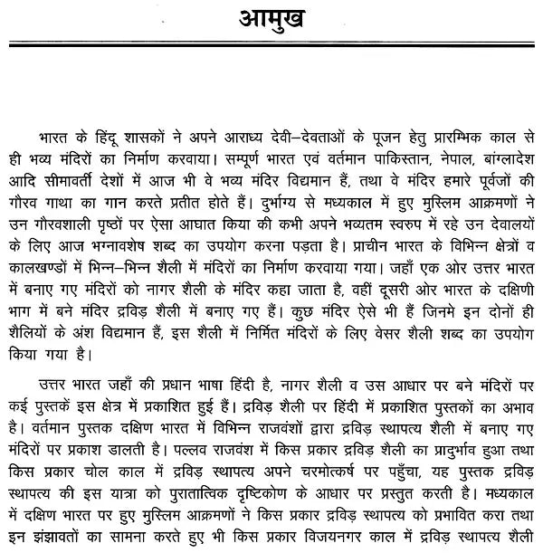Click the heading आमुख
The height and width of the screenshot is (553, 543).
click(x=271, y=20)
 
